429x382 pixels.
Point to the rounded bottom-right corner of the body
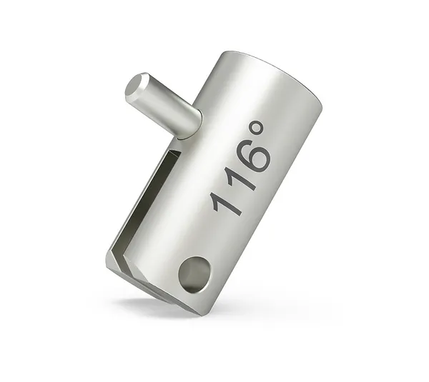coord(207,303)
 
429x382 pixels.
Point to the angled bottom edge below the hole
coord(172,297)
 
